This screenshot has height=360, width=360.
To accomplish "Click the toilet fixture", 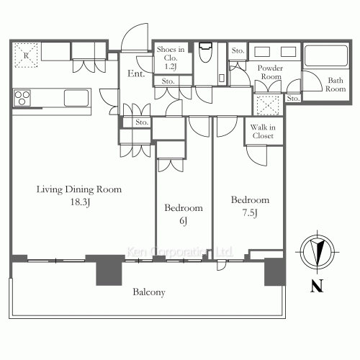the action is pos(206,52).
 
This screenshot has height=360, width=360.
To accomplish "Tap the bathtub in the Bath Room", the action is pos(326,55).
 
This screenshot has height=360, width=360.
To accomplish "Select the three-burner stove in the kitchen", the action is pos(22,98).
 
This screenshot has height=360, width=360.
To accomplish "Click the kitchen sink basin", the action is pos(76,98).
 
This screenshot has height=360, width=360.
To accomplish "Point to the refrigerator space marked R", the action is pos(26,55).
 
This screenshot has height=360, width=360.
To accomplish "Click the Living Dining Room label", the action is pos(79,189).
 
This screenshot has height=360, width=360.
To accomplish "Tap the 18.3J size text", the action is pos(80,202).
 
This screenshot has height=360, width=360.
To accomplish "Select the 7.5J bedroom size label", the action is pos(250,213).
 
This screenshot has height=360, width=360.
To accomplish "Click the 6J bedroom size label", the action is pos(184,221).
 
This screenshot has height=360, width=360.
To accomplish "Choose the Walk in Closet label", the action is pos(263,131).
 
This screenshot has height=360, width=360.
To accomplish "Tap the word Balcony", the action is pos(149,292).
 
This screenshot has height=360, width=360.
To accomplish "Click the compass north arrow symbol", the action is pos(318,252).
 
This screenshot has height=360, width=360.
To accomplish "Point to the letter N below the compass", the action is pos(317,286).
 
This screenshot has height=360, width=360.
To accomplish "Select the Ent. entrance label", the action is pos(136,73).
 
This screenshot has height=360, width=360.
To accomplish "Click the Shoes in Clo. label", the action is pos(171,58).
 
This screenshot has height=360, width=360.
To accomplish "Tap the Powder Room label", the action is pos(271,72).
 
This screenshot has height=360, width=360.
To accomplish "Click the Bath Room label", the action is pos(336,84).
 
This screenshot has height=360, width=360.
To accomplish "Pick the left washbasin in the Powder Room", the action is pos(262,52).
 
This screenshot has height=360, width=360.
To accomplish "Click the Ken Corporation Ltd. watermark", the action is pos(179,252).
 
